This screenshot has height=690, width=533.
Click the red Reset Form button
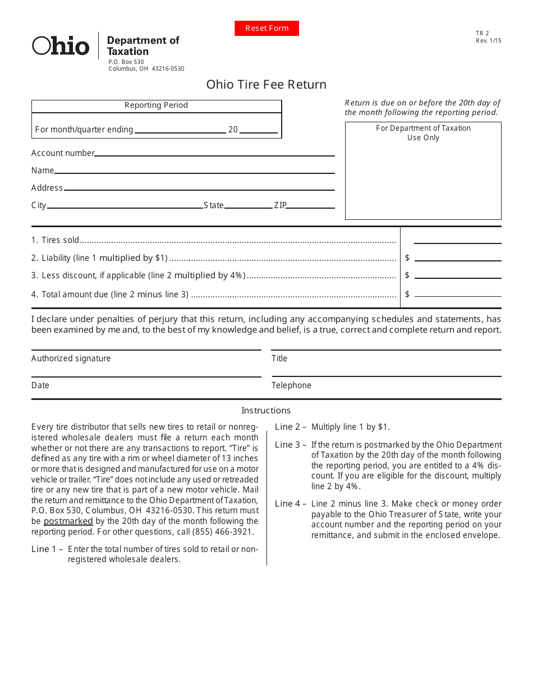(266, 28)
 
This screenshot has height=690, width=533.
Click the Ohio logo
(61, 46)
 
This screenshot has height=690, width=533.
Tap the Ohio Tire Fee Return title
(266, 85)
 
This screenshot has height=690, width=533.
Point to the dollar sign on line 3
(407, 275)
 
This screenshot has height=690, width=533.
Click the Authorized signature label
(71, 358)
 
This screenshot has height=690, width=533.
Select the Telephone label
(291, 385)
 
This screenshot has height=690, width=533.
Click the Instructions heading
(266, 411)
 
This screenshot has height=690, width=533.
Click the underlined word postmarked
(68, 521)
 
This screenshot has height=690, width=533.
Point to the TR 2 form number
(482, 34)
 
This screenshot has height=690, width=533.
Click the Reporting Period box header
(156, 105)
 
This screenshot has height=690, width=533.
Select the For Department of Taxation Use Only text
(423, 133)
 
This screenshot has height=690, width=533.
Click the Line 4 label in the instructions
(290, 504)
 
